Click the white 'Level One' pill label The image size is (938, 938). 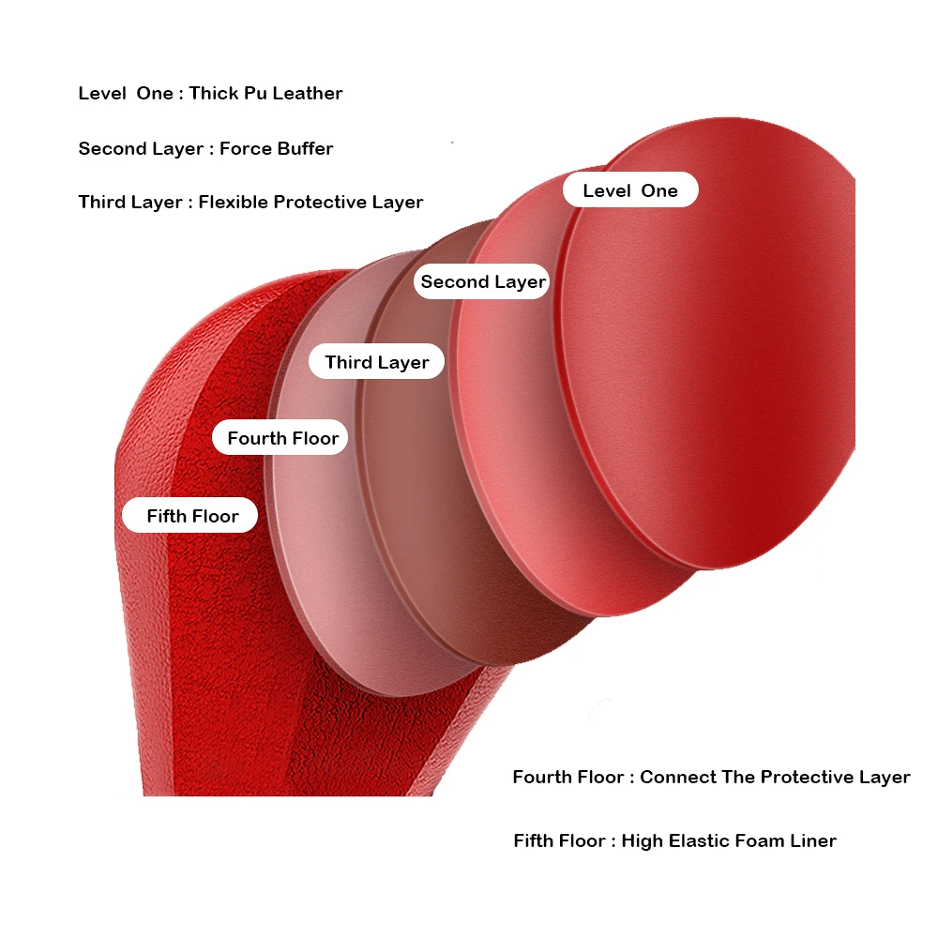tap(630, 190)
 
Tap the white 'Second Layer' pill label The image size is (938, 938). tap(482, 281)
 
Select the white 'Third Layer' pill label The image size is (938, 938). tap(376, 362)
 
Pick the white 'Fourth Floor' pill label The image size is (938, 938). tap(282, 438)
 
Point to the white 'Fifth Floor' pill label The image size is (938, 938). tap(192, 516)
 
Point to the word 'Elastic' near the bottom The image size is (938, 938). tap(690, 840)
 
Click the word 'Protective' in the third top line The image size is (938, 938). tap(319, 203)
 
